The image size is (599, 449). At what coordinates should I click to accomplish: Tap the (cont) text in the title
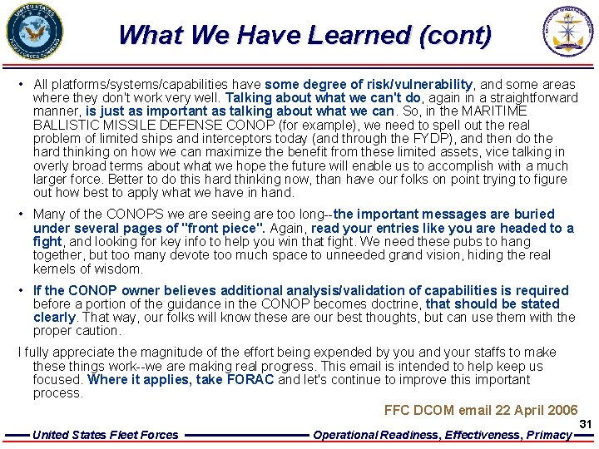pyautogui.click(x=456, y=35)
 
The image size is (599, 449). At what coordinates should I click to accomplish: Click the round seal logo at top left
pyautogui.click(x=34, y=31)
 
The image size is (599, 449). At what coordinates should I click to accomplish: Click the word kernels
pyautogui.click(x=55, y=269)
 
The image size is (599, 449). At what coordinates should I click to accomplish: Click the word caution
pyautogui.click(x=98, y=331)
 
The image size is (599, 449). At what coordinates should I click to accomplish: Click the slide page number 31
pyautogui.click(x=585, y=424)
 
